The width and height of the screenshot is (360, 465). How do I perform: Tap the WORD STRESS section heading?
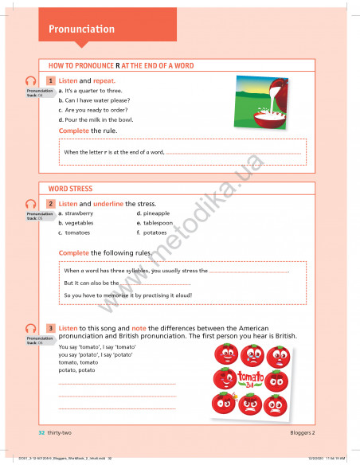click(x=70, y=189)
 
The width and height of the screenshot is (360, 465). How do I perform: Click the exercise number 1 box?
click(x=51, y=81)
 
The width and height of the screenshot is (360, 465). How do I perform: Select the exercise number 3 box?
click(x=51, y=328)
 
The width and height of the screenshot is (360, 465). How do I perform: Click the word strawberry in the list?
click(x=79, y=213)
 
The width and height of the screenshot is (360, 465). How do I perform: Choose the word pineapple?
click(x=156, y=213)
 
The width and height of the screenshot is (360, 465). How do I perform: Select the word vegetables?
click(x=79, y=223)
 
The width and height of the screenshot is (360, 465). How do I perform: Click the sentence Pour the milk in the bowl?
click(x=103, y=119)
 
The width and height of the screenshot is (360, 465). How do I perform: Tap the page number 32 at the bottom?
click(x=41, y=432)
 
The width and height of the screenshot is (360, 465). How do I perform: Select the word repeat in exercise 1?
click(x=104, y=81)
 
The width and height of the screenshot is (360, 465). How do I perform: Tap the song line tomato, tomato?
click(x=76, y=362)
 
